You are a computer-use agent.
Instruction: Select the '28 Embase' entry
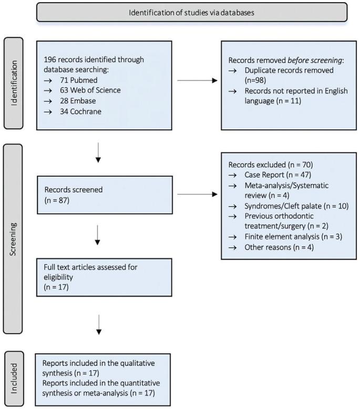point(74,100)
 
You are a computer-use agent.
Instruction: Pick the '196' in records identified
point(52,59)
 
